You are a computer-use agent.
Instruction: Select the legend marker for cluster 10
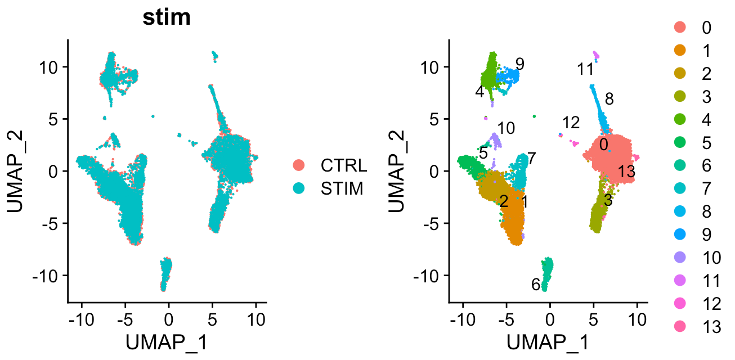point(679,258)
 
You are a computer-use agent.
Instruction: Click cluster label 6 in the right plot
point(536,285)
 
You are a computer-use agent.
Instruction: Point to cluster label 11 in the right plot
point(585,70)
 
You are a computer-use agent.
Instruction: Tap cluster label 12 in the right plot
point(571,122)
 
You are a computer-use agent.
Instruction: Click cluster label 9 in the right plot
point(520,64)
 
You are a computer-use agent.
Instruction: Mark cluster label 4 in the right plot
point(479,92)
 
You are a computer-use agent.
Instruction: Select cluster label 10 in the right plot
point(507,128)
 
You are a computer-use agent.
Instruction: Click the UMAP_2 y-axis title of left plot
point(17,172)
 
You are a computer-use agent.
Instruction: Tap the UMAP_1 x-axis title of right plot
point(548,342)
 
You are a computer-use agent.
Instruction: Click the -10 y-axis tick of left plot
point(51,276)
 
